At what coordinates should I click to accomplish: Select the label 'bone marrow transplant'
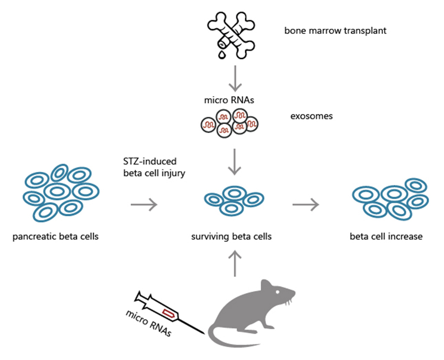(335, 31)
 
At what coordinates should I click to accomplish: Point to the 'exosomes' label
(311, 116)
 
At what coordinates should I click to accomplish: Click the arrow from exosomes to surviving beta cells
(235, 162)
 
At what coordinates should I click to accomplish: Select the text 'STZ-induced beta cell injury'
(154, 167)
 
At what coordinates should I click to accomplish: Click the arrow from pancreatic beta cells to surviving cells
(144, 204)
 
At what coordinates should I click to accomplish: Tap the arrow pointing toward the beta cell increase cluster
(306, 204)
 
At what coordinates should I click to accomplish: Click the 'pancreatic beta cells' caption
(55, 236)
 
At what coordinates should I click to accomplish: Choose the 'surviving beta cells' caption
(232, 236)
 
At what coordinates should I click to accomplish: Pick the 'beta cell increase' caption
(386, 236)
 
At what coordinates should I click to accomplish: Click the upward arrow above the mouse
(235, 264)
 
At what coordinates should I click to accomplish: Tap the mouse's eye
(278, 292)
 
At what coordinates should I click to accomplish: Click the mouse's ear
(266, 286)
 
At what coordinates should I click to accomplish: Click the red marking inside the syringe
(169, 314)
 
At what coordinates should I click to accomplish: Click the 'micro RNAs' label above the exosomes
(229, 100)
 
